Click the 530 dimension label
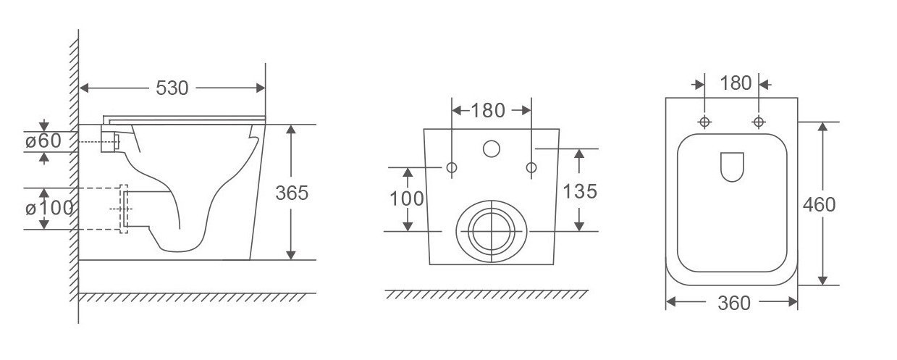coord(172,88)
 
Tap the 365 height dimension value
coord(292,193)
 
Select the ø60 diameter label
coord(43,141)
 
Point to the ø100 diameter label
coord(49,208)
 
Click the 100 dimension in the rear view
coord(406,198)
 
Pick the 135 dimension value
coord(580,191)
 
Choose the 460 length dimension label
coord(819,204)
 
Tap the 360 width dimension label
coord(733,303)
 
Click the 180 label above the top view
coord(736,83)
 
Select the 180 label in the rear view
coord(488,111)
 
